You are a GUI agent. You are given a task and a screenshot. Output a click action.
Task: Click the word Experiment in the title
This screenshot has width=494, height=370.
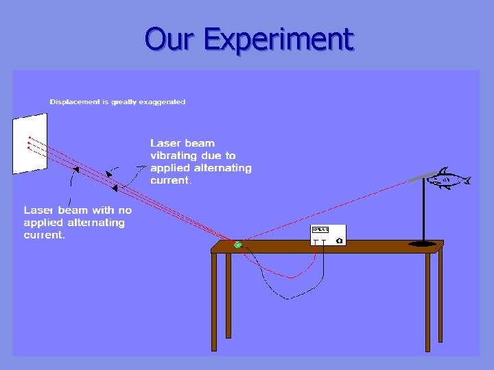tap(279, 39)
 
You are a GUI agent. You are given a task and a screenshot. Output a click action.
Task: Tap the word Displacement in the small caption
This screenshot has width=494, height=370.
tap(74, 102)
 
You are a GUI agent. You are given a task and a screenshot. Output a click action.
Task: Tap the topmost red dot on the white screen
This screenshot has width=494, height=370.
tap(29, 135)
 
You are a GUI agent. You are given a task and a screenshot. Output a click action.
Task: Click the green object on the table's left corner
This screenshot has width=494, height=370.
tap(237, 244)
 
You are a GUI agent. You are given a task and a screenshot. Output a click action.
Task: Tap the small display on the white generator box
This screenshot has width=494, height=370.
tap(320, 230)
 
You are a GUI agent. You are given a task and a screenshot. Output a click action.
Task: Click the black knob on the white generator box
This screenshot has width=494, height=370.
tap(339, 241)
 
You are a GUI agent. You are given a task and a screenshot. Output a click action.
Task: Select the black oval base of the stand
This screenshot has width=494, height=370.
tap(425, 243)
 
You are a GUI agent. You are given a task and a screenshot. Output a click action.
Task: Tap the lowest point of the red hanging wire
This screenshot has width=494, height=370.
tap(291, 277)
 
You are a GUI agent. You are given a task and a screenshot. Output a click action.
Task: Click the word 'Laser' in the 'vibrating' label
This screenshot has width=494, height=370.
tap(164, 143)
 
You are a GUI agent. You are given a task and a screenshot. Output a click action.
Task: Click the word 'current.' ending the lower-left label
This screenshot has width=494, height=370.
tap(44, 235)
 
